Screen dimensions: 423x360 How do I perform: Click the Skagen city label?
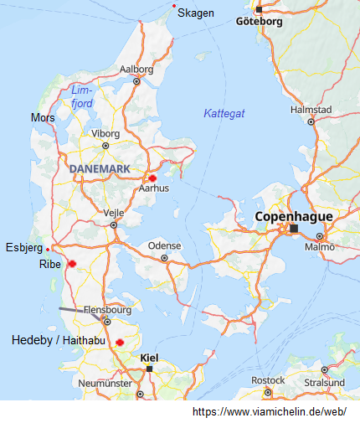(x=197, y=13)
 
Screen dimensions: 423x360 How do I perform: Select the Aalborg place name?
(x=136, y=70)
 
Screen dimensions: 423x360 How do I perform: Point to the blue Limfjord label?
(x=82, y=96)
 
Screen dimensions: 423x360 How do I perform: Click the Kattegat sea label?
(x=224, y=113)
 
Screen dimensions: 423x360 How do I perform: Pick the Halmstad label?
(x=311, y=110)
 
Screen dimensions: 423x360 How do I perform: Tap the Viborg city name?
(x=105, y=133)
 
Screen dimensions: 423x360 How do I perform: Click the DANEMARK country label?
(x=100, y=169)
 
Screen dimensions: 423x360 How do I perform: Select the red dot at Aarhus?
(x=152, y=178)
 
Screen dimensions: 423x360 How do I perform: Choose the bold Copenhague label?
(x=293, y=216)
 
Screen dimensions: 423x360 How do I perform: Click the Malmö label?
(x=319, y=247)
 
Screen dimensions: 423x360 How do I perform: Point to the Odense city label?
(x=164, y=246)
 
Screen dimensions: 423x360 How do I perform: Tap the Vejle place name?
(x=113, y=213)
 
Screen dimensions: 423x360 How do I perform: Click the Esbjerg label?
(x=23, y=247)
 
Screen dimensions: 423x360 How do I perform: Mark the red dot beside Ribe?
(x=72, y=264)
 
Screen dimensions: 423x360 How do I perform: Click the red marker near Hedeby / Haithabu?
(x=120, y=342)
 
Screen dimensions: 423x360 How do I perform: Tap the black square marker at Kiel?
(x=149, y=369)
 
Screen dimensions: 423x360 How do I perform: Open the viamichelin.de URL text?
(x=270, y=412)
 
